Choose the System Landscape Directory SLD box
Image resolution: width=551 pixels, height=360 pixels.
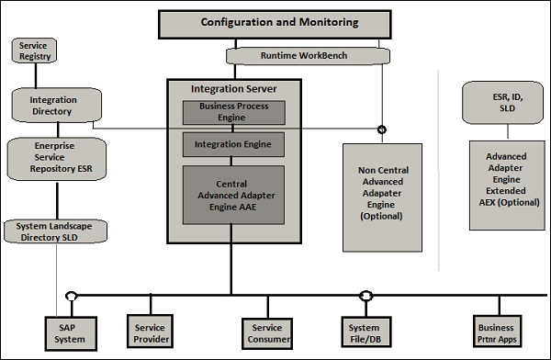pos(54,231)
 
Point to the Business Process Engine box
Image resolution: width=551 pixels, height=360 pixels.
pos(233,112)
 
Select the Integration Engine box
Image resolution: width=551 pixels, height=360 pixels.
pos(233,144)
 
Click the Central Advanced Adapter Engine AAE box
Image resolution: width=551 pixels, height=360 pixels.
pos(233,195)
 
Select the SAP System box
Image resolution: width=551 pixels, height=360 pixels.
pos(70,332)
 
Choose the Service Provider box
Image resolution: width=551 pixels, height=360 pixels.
pos(150,332)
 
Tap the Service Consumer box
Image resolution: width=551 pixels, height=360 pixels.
pos(267,332)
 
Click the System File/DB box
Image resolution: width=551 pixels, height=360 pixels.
pos(365,332)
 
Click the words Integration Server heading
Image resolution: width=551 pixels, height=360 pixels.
pos(233,89)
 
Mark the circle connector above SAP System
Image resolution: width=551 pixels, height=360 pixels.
pos(70,296)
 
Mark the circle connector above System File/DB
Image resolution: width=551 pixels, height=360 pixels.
pos(365,296)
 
